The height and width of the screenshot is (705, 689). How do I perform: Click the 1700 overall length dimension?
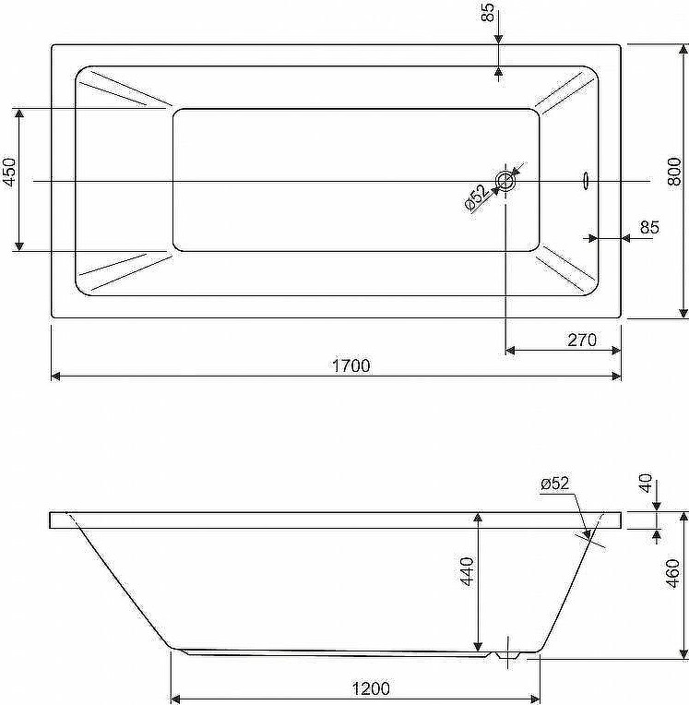[351, 365]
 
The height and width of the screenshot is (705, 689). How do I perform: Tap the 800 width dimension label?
[674, 172]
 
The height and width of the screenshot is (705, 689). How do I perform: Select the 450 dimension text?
[10, 172]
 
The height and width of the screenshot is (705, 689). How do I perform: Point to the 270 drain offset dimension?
[582, 340]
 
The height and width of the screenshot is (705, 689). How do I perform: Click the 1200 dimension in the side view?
[371, 688]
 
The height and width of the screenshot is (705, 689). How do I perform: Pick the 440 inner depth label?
[467, 571]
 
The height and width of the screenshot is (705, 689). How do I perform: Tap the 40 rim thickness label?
[646, 484]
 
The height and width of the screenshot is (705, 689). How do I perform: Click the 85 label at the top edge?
[488, 12]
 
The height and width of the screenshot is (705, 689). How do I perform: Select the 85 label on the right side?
[649, 228]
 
